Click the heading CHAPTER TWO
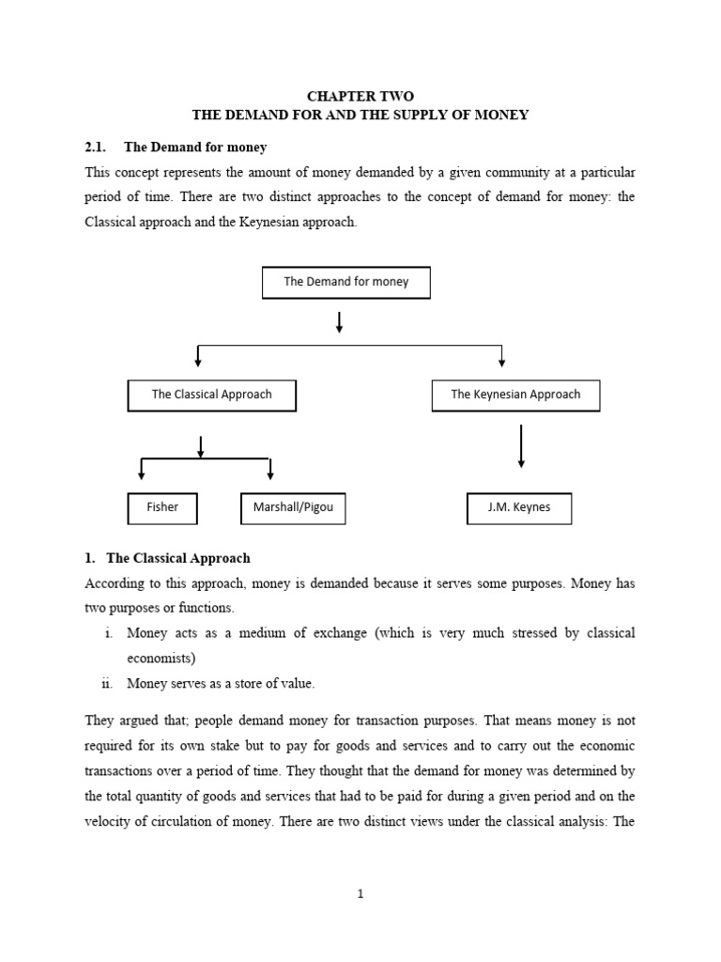pyautogui.click(x=360, y=96)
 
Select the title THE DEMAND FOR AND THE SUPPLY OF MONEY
pyautogui.click(x=360, y=115)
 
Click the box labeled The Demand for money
pyautogui.click(x=345, y=282)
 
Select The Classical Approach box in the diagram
pyautogui.click(x=211, y=396)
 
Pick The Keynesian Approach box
pyautogui.click(x=515, y=396)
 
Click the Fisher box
pyautogui.click(x=162, y=507)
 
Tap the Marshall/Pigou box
pyautogui.click(x=293, y=507)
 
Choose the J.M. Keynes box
pyautogui.click(x=519, y=507)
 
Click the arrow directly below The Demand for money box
pyautogui.click(x=339, y=322)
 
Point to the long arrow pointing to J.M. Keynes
pyautogui.click(x=521, y=446)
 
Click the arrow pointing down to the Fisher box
pyautogui.click(x=142, y=469)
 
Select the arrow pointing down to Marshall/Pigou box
pyautogui.click(x=270, y=469)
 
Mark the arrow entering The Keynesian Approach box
pyautogui.click(x=502, y=357)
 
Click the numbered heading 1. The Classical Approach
pyautogui.click(x=168, y=558)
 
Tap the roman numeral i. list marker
pyautogui.click(x=110, y=633)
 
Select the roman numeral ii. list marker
pyautogui.click(x=108, y=683)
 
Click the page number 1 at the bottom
pyautogui.click(x=360, y=894)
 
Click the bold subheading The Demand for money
pyautogui.click(x=195, y=147)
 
